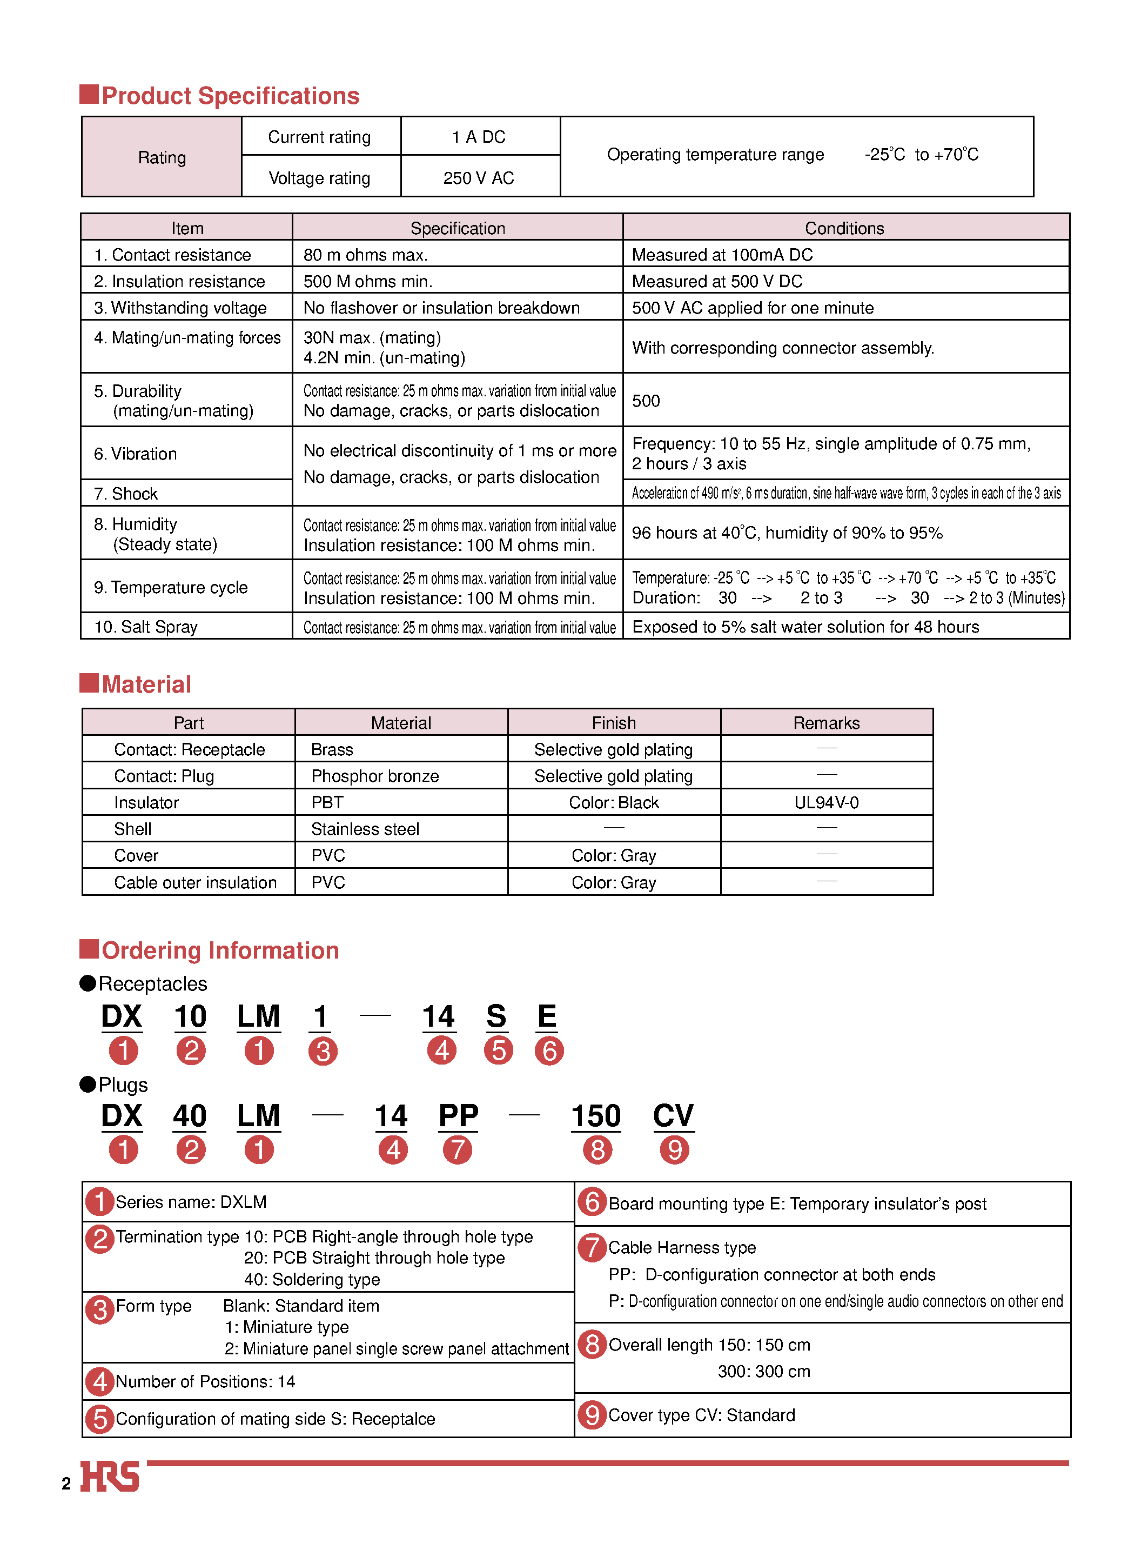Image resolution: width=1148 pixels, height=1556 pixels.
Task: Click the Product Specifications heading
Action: click(x=230, y=96)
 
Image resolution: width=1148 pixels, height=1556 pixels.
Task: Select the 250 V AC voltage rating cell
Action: click(x=479, y=178)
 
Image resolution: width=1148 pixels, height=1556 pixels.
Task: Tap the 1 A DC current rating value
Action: click(x=479, y=137)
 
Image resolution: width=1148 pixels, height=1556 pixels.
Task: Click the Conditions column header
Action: click(x=844, y=228)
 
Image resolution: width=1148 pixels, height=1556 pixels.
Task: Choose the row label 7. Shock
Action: click(x=126, y=494)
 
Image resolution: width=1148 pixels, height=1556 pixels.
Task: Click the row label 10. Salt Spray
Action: click(x=146, y=627)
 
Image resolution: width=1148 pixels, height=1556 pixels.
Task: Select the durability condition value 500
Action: click(x=646, y=401)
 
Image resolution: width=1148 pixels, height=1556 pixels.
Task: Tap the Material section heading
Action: click(x=146, y=685)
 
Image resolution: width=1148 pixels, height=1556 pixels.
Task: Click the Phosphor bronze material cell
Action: click(x=375, y=776)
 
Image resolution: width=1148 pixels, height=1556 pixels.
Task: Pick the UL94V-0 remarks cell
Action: click(x=826, y=802)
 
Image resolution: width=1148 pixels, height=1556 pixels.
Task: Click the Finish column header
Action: click(x=614, y=723)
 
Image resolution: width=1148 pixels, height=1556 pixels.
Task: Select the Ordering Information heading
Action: click(x=220, y=950)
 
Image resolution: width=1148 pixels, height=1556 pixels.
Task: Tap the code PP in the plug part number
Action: click(x=458, y=1116)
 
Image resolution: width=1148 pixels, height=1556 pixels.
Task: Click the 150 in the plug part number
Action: click(x=595, y=1116)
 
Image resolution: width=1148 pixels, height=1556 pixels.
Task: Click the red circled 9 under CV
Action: click(x=674, y=1150)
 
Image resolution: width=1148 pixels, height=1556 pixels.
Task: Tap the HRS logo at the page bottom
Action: click(x=110, y=1476)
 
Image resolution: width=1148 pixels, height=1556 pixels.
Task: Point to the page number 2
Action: click(x=66, y=1484)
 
